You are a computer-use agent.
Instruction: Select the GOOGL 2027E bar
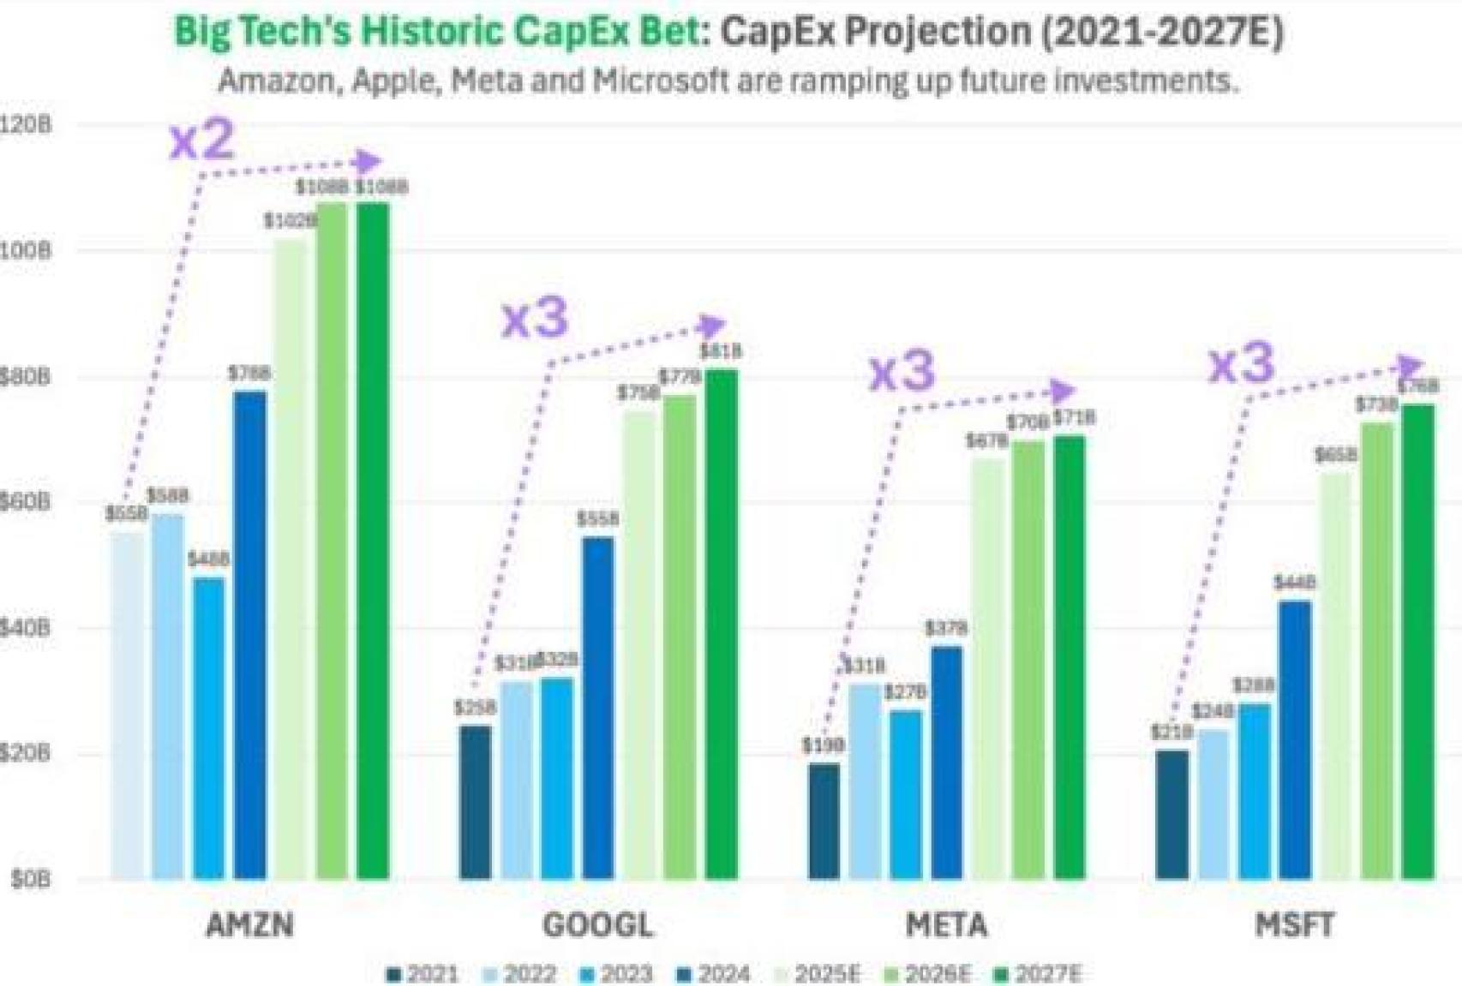(721, 624)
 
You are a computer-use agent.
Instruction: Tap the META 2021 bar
(824, 821)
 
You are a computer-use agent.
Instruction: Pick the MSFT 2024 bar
(1295, 739)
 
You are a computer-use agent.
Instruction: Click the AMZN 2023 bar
(209, 728)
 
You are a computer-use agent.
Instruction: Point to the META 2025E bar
(988, 668)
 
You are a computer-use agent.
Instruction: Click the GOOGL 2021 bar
(476, 802)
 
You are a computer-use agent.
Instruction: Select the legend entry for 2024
(714, 974)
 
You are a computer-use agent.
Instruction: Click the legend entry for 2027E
(1039, 974)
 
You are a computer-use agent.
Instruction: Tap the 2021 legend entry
(423, 974)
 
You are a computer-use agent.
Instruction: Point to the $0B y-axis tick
(30, 879)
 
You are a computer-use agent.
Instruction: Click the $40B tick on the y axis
(26, 628)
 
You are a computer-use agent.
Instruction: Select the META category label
(946, 925)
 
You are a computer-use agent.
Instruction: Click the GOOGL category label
(597, 925)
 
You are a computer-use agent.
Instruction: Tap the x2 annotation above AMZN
(202, 140)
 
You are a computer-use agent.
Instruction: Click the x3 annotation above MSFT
(1241, 363)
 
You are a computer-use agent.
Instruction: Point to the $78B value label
(249, 373)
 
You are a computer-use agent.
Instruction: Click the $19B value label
(823, 745)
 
